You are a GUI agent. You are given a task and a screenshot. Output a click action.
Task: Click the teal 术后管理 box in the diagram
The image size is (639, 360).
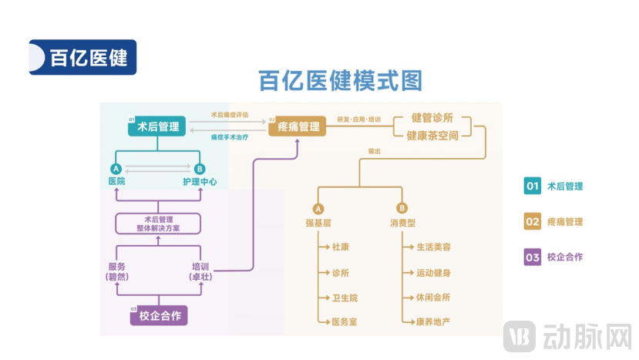[158, 126]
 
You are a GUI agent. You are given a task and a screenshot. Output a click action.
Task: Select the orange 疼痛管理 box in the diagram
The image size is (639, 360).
[298, 126]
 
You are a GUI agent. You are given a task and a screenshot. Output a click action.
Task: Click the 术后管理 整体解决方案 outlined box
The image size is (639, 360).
[158, 224]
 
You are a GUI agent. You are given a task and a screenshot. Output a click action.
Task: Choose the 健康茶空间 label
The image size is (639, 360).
[432, 136]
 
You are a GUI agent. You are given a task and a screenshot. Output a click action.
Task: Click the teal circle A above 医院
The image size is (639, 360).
[116, 169]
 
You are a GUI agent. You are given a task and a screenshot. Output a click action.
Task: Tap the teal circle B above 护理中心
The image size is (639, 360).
[200, 169]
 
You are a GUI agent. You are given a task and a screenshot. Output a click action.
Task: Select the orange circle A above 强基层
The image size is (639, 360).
[318, 208]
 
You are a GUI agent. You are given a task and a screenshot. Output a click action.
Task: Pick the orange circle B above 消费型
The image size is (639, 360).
[402, 208]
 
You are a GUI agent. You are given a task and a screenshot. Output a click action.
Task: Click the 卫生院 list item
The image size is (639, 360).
[344, 298]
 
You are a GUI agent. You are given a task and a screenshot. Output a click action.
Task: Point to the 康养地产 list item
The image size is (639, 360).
[432, 321]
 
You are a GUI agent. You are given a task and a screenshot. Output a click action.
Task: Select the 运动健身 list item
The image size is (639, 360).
[432, 273]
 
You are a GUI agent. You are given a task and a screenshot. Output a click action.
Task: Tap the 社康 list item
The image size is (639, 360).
[341, 248]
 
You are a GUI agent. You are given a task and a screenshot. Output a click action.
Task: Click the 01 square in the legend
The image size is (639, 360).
[533, 186]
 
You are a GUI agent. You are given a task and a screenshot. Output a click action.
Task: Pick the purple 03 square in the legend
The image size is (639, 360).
[533, 257]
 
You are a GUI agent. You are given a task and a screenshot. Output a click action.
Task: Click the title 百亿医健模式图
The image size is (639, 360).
[340, 81]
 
